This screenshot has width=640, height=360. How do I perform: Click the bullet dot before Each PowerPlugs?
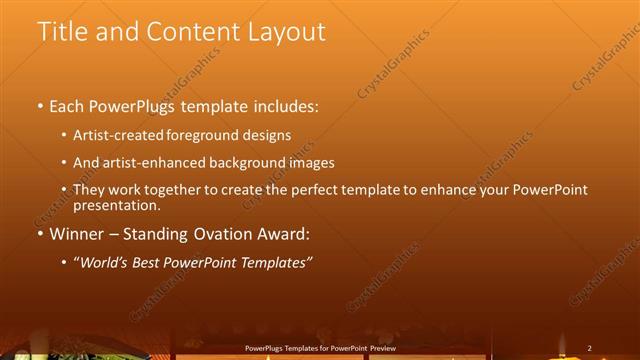tap(40, 107)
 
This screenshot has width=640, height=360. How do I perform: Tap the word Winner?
tap(78, 235)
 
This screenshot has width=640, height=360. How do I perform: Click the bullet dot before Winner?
tap(40, 235)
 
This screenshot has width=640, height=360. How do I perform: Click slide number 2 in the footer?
tap(590, 348)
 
